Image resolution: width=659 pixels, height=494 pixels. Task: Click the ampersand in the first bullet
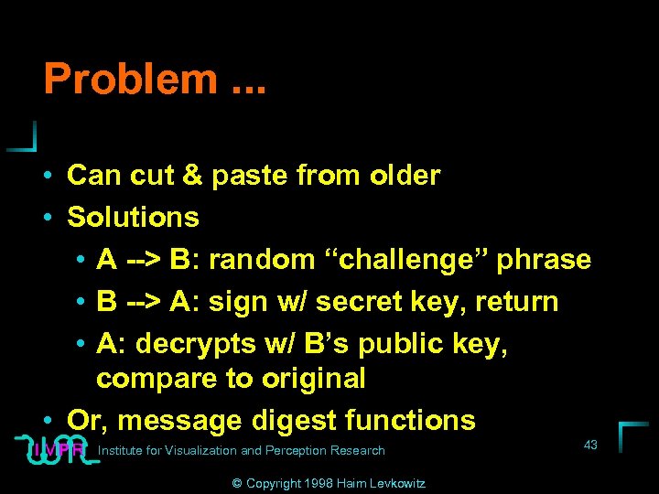[192, 175]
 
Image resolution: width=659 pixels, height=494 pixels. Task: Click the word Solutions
[133, 217]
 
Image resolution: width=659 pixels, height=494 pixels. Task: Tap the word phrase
[546, 261]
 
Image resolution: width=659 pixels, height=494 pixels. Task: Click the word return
[513, 302]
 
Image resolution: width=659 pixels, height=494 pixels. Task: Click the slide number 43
[590, 445]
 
